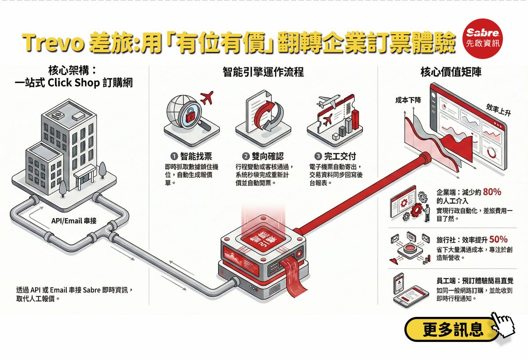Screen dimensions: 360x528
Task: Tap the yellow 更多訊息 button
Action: coord(453,329)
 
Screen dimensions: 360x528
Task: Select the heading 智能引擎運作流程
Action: coord(263,72)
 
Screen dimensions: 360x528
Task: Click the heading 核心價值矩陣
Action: coord(451,72)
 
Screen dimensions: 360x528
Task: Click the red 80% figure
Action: coord(492,192)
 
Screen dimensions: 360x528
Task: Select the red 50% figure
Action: coord(498,239)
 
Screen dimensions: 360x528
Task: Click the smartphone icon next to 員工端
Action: coord(399,282)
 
